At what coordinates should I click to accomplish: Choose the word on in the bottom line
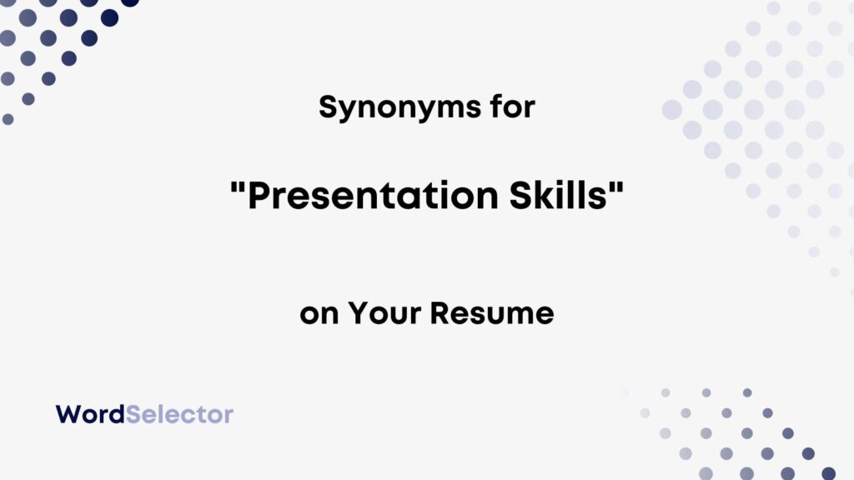click(319, 314)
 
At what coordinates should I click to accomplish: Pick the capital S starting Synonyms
click(328, 107)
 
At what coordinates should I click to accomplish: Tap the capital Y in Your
click(357, 314)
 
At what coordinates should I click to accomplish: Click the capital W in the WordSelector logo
click(67, 413)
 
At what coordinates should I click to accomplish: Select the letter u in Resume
click(496, 316)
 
